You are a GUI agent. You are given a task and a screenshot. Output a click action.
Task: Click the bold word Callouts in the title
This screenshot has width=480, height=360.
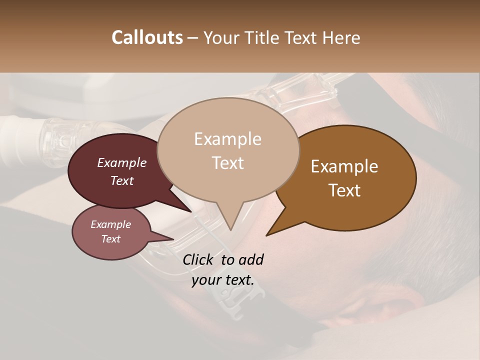tap(147, 37)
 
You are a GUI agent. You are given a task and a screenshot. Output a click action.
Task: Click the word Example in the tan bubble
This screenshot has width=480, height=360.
tap(227, 139)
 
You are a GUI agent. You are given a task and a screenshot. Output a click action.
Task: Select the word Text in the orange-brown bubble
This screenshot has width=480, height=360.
tap(345, 190)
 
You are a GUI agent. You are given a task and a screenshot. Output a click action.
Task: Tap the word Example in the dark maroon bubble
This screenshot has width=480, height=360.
tap(121, 163)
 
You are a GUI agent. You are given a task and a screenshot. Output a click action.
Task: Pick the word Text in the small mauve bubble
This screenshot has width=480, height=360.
tap(111, 239)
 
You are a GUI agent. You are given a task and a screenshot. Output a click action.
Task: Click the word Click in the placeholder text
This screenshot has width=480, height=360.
tap(199, 259)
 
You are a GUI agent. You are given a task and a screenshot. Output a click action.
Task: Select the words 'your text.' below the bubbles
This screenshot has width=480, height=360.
tap(223, 280)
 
